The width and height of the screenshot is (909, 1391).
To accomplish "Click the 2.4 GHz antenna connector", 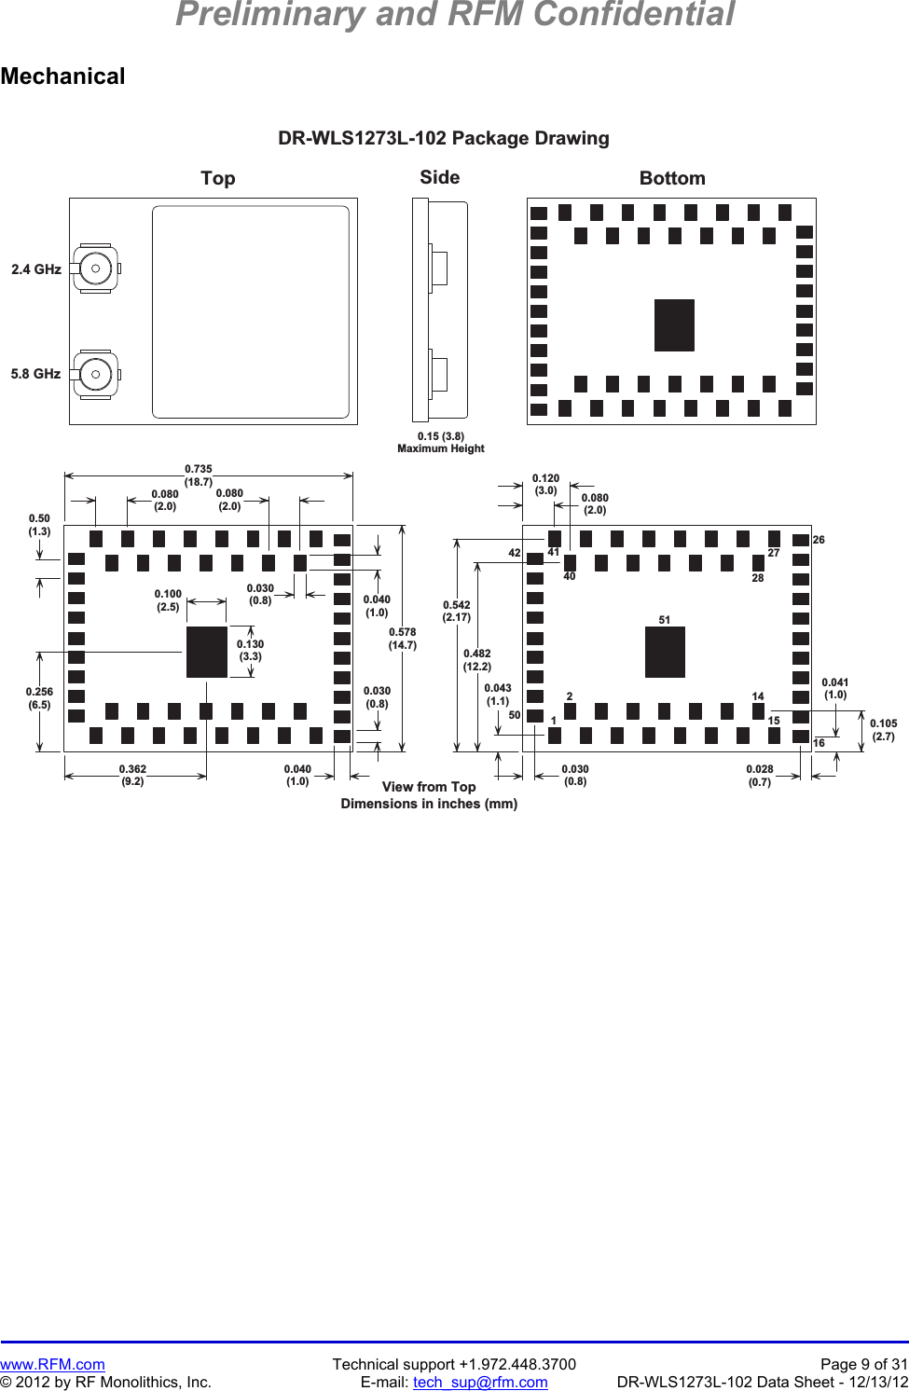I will [95, 269].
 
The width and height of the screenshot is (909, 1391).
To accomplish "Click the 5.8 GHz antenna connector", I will [95, 374].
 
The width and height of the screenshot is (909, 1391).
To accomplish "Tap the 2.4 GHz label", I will [36, 269].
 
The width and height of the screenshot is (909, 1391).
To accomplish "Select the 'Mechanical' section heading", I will [62, 76].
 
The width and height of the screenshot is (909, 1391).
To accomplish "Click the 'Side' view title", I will [439, 177].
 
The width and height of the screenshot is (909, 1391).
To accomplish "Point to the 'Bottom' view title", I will [672, 178].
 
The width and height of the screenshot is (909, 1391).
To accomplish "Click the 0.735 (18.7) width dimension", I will [199, 475].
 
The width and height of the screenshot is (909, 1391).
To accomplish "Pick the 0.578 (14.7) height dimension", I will [403, 639].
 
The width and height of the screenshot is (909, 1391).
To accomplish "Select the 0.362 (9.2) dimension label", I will [132, 775].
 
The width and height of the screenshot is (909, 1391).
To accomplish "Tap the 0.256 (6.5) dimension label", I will [39, 698].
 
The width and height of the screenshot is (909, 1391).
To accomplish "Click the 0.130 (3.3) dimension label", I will [250, 650].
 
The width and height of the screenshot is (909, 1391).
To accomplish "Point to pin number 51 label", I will [664, 620].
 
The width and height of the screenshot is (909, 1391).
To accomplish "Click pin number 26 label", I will [819, 540].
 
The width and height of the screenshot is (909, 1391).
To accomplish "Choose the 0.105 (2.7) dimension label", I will [883, 729].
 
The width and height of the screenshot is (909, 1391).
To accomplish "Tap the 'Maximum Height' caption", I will [441, 448].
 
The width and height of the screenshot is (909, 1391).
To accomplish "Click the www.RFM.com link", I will [52, 1364].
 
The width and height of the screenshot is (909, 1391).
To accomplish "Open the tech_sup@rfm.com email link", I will [480, 1382].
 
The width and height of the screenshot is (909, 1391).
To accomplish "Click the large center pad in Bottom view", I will [674, 324].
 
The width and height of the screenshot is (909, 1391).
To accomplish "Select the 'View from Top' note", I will [429, 787].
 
